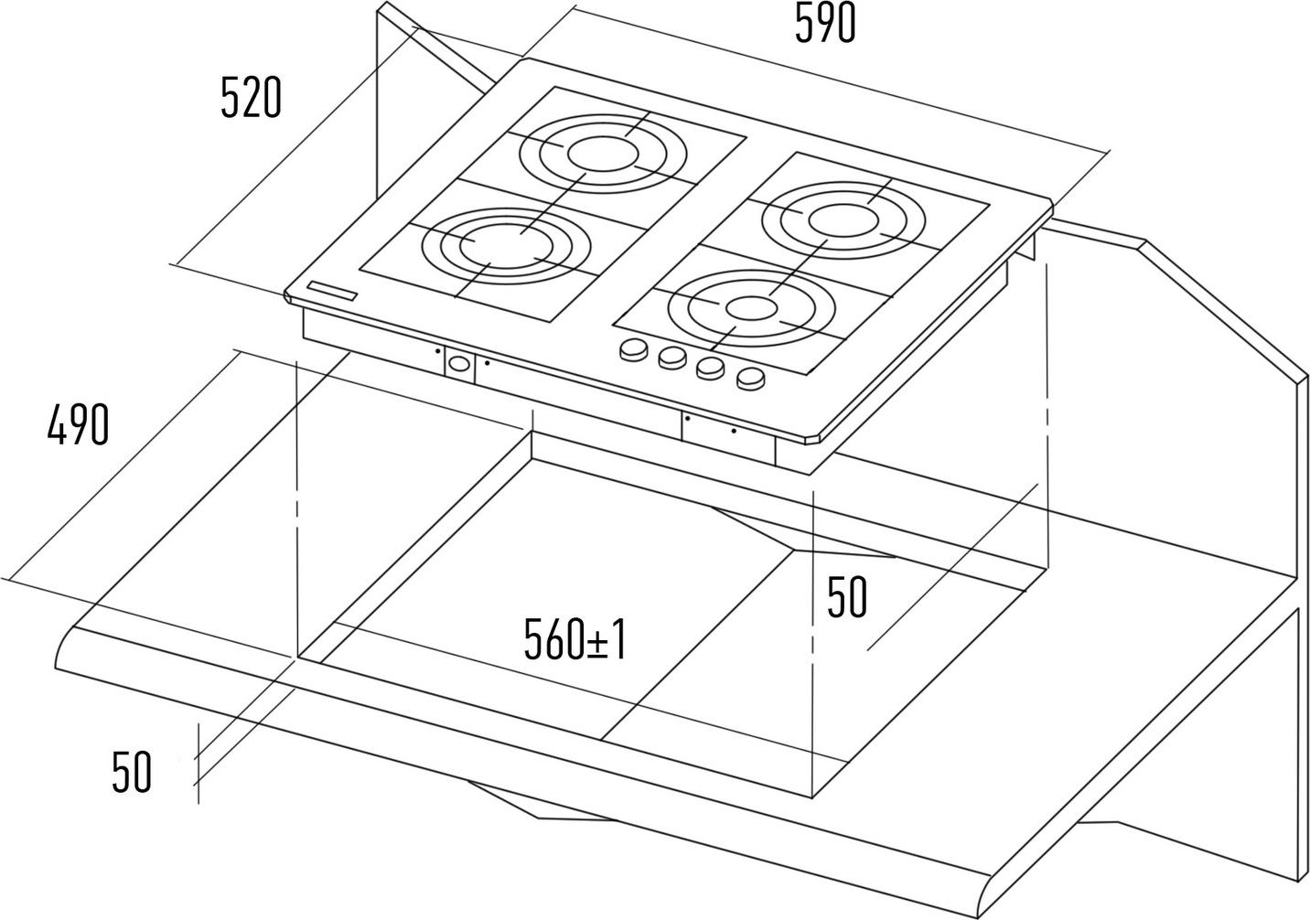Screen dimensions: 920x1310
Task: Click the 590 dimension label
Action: pos(824,24)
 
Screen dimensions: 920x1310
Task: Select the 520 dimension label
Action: pos(251,99)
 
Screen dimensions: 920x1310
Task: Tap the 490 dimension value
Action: pos(78,425)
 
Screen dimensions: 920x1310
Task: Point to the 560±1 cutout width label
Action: pos(574,639)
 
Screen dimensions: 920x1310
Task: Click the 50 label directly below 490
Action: pos(131,772)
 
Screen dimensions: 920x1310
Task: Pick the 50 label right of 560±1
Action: pos(846,598)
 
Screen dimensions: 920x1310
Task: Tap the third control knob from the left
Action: pos(711,368)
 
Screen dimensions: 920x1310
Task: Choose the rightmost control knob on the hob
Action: pos(750,377)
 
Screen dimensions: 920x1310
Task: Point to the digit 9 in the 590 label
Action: pos(825,24)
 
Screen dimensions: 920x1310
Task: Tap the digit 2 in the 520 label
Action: pos(251,99)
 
